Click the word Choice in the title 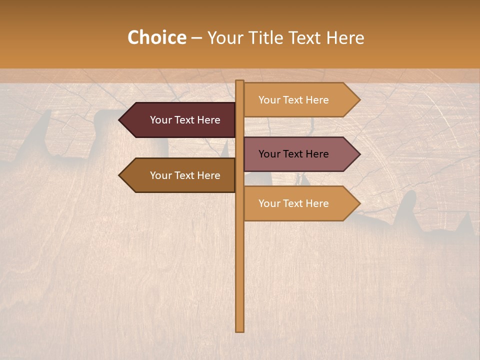156,38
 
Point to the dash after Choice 196,38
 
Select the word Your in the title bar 225,38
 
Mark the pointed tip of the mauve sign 359,154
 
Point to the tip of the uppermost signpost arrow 359,100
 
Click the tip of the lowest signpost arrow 359,203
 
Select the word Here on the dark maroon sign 208,120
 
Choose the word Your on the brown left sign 160,175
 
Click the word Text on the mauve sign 293,154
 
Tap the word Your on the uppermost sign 269,100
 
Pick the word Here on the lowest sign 316,203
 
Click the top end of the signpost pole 240,81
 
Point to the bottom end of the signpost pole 240,330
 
